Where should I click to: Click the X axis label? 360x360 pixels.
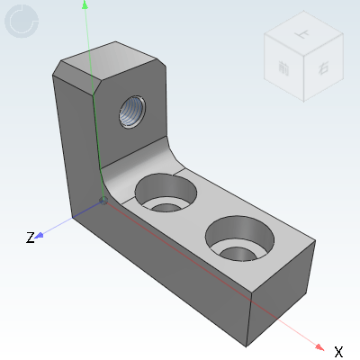(338, 351)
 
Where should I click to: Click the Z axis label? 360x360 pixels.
(30, 238)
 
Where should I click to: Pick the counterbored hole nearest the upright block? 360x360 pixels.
(166, 193)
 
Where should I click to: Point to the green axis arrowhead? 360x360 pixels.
(85, 5)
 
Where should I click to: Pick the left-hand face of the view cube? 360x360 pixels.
(283, 70)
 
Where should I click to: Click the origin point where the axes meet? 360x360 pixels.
(103, 201)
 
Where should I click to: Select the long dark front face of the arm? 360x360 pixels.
(171, 270)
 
